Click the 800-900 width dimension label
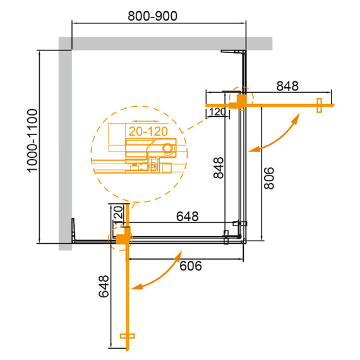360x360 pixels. click(159, 12)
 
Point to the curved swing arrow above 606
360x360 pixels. click(158, 273)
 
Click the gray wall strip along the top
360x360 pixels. click(164, 43)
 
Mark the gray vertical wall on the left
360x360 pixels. click(65, 145)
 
